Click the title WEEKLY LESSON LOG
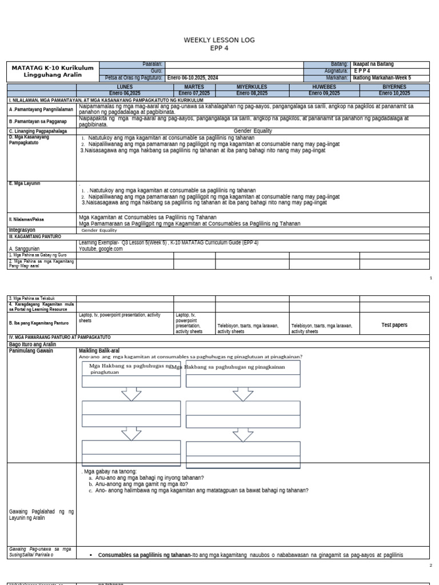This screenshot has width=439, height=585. [219, 40]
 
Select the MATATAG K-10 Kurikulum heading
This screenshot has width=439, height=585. [45, 67]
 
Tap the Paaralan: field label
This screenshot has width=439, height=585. [153, 64]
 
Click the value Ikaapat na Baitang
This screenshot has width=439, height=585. [373, 64]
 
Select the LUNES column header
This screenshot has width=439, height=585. [125, 87]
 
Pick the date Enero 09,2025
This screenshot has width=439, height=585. [324, 93]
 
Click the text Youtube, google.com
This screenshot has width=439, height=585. [101, 249]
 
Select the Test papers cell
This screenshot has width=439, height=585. [394, 324]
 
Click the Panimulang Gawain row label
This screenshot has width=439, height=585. [31, 351]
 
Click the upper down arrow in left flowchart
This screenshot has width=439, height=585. [132, 394]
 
